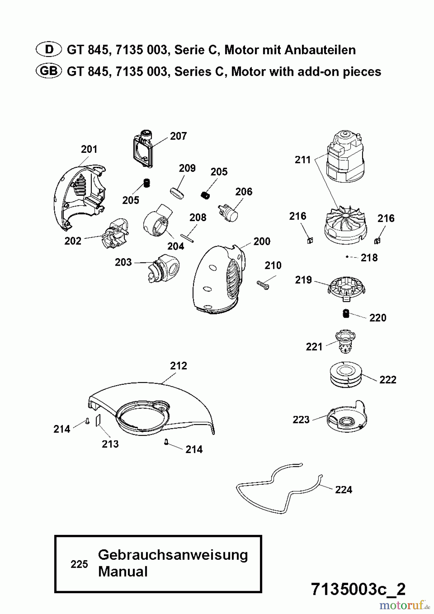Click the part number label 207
[x=178, y=136]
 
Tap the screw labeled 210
[x=263, y=284]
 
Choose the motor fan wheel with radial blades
[x=345, y=225]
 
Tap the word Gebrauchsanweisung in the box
[x=173, y=555]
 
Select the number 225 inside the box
[x=79, y=565]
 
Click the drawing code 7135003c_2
[x=358, y=589]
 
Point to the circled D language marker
[x=48, y=50]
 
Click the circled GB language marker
[x=48, y=71]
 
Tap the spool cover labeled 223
[x=346, y=417]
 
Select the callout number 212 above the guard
[x=178, y=366]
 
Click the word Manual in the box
[x=123, y=572]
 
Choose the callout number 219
[x=303, y=280]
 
